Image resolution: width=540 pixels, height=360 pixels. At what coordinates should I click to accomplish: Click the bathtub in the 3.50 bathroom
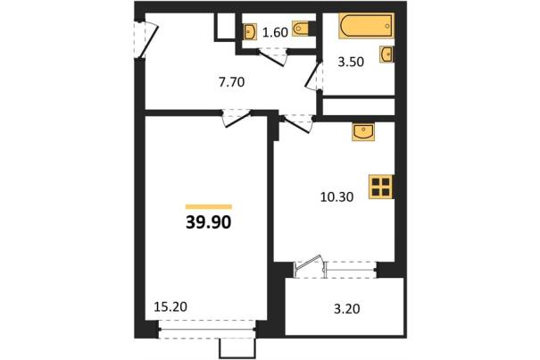[366, 26]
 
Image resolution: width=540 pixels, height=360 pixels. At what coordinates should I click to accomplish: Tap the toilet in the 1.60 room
[302, 29]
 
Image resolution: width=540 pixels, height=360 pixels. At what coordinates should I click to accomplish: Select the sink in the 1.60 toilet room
[249, 32]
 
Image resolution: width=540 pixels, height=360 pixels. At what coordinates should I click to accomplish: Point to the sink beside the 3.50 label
[386, 54]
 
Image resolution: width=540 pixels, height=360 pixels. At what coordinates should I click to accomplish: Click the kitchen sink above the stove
[363, 132]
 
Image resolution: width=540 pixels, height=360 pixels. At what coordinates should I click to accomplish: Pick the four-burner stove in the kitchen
[381, 187]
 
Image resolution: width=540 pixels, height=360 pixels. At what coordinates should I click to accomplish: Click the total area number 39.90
[208, 222]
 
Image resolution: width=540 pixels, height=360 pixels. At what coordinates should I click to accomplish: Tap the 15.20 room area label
[170, 306]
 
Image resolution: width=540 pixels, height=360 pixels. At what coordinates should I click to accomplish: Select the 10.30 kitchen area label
[336, 197]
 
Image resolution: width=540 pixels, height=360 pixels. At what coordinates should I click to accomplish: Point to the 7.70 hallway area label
[231, 82]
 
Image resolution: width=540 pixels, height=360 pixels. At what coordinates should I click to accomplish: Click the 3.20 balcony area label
[347, 309]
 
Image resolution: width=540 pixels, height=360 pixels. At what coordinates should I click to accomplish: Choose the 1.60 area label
[275, 32]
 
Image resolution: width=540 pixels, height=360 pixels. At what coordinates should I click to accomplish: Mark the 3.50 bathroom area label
[351, 62]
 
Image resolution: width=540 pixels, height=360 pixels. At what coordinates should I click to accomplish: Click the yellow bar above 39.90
[209, 207]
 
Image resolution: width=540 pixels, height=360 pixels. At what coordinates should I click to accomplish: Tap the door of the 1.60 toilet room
[272, 57]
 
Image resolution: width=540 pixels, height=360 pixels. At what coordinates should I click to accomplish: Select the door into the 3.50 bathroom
[313, 76]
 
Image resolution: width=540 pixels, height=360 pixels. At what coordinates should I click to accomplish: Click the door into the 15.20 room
[237, 119]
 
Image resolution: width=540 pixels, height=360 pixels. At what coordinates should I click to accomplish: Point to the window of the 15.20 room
[207, 330]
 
